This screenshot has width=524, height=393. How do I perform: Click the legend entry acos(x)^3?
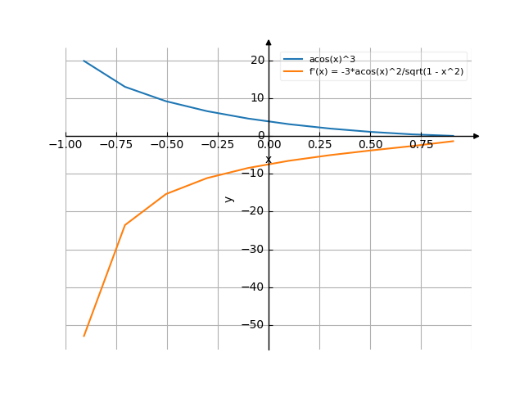click(332, 60)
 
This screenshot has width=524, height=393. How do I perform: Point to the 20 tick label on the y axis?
click(257, 61)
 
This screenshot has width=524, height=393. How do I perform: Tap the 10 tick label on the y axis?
click(257, 98)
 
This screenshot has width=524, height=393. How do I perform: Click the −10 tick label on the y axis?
click(254, 174)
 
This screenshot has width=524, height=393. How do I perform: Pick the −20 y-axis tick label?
click(254, 211)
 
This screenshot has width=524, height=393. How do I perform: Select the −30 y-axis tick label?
click(254, 250)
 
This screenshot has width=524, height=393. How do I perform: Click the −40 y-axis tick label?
click(254, 287)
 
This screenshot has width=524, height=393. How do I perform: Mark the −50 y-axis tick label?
click(254, 325)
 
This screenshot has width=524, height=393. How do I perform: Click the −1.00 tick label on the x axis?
click(65, 146)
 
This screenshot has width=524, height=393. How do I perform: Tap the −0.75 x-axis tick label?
click(115, 146)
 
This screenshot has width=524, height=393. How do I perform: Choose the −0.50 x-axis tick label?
click(166, 146)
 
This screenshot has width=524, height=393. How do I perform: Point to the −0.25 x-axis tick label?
click(217, 146)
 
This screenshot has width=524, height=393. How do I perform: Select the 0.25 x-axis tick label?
click(320, 146)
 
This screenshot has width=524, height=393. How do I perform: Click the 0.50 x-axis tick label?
click(371, 146)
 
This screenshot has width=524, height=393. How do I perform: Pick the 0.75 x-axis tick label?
click(422, 146)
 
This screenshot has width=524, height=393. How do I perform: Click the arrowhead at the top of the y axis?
click(269, 41)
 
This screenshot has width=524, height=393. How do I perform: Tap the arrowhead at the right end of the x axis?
click(477, 136)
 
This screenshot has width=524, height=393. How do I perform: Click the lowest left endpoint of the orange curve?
click(84, 336)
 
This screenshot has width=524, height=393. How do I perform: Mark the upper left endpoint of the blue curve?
click(84, 61)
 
